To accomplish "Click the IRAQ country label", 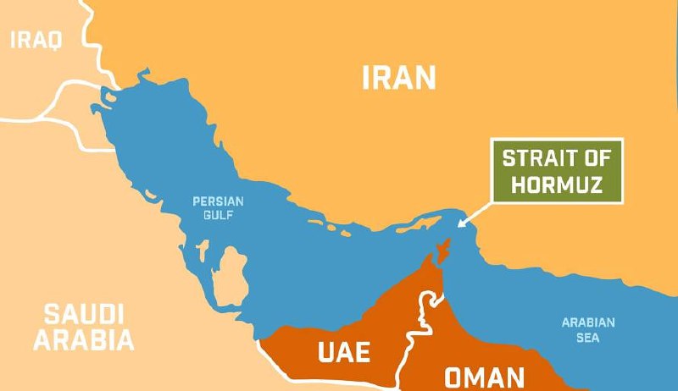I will click(x=36, y=39).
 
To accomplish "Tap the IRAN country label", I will click(x=398, y=78).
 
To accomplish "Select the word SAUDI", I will click(x=84, y=316).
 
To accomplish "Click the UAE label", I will click(x=343, y=351).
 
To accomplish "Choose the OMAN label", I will click(x=485, y=376).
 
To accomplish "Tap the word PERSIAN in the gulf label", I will click(x=218, y=201).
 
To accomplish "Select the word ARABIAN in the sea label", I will click(x=588, y=322).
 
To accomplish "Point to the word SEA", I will click(x=588, y=338).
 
